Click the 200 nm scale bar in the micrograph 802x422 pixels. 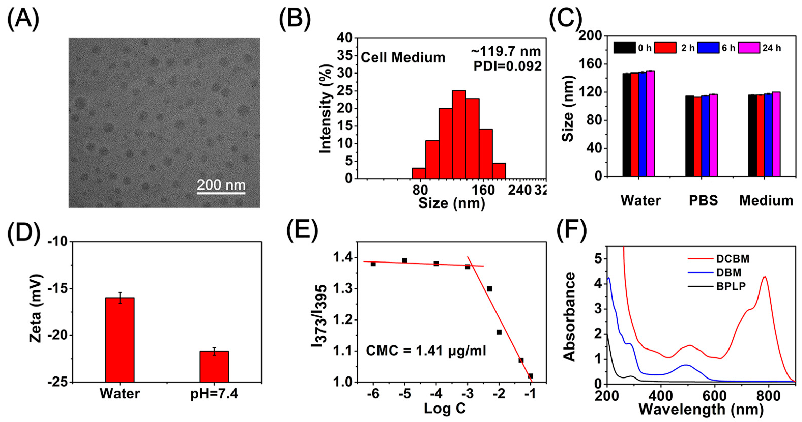pos(221,193)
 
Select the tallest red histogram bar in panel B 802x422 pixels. pos(459,134)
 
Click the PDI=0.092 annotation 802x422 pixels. pos(507,66)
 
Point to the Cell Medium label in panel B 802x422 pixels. pos(403,58)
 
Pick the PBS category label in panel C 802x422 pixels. pos(703,200)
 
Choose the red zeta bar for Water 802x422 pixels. pos(120,340)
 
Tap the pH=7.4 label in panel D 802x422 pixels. pos(214,394)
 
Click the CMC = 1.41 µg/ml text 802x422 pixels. pos(426,351)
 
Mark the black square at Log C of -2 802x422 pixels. pos(499,332)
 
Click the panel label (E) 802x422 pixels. pos(302,231)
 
